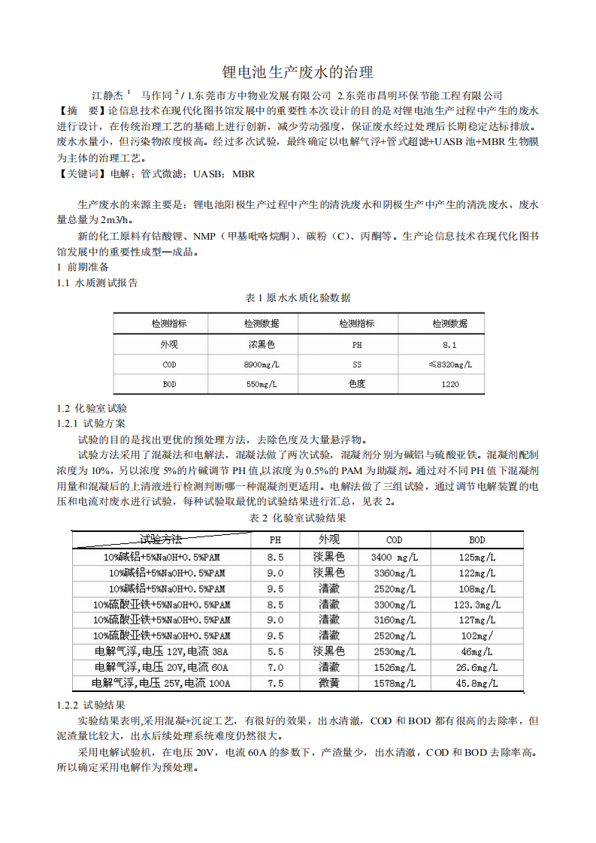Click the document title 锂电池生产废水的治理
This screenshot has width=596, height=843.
tap(298, 72)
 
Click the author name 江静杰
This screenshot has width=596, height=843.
tap(107, 95)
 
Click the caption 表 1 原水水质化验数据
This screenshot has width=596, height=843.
tap(298, 298)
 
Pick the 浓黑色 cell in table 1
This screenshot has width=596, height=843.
tap(262, 345)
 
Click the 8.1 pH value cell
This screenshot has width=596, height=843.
tap(449, 345)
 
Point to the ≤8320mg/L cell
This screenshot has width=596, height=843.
tap(449, 364)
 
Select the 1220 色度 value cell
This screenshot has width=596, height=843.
tap(449, 384)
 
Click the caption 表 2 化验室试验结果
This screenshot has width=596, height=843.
tap(298, 518)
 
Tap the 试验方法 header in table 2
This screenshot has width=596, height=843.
tap(162, 539)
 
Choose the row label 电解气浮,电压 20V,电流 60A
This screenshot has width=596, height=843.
tap(161, 666)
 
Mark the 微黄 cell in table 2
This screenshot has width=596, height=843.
tap(328, 683)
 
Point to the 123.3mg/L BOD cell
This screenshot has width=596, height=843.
tap(476, 604)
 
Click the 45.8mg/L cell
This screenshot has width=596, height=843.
tap(476, 683)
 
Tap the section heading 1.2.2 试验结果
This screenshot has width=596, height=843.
tap(91, 706)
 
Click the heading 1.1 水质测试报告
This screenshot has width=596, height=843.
tap(97, 283)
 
